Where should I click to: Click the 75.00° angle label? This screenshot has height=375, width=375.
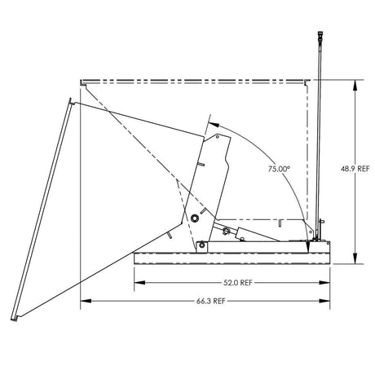tap(279, 169)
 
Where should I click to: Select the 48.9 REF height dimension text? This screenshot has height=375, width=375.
tap(356, 169)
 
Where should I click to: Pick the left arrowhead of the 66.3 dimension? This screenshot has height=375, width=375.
tap(83, 301)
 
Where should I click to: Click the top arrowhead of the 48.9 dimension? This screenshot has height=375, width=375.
tap(356, 82)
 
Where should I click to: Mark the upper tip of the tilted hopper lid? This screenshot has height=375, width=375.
tap(72, 102)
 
